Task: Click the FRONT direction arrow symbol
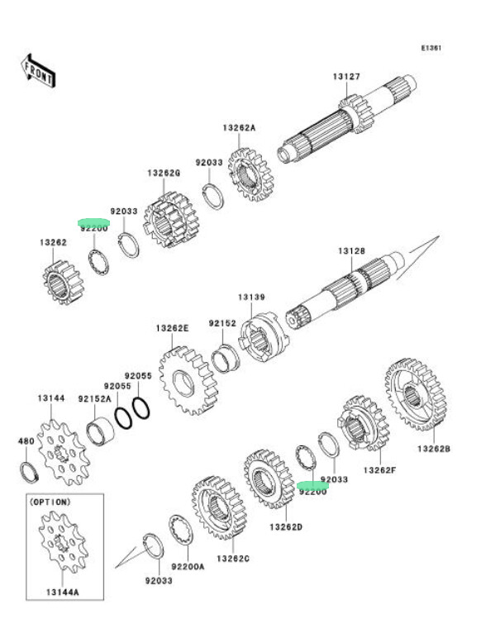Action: pos(38,71)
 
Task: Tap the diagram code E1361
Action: pos(431,48)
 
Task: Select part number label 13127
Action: pos(347,77)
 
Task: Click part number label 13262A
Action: pos(239,128)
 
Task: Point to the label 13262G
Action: pos(164,173)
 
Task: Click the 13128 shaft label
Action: pos(350,250)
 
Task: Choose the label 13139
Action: pos(252,297)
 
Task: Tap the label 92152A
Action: pos(94,398)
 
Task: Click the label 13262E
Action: pos(173,328)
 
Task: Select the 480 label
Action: pos(26,441)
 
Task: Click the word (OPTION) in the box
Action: pos(50,502)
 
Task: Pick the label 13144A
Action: pos(63,593)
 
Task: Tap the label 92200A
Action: pos(188,566)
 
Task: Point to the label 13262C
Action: pos(232,559)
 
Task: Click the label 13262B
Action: pos(433,449)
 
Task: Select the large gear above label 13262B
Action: pos(417,394)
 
